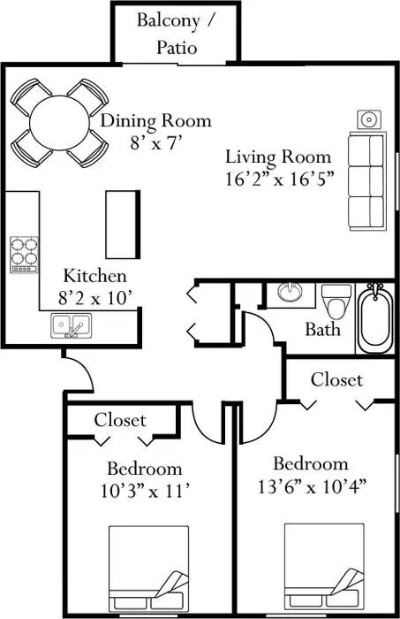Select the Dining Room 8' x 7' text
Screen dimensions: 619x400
(155, 130)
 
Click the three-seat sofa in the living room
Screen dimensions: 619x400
(366, 180)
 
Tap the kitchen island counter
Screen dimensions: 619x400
(124, 221)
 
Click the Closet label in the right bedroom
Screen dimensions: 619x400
(336, 379)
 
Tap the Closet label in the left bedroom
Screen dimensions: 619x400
(120, 419)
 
